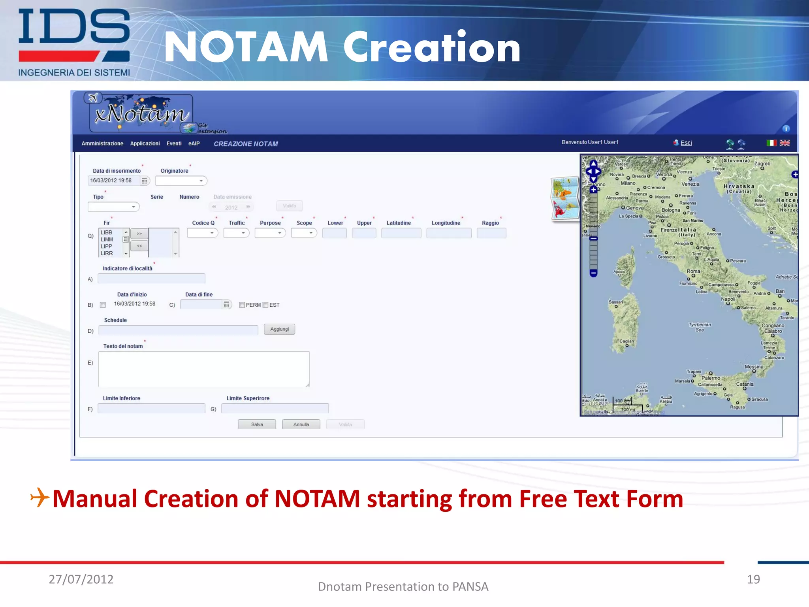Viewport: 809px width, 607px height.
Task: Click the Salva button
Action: tap(257, 424)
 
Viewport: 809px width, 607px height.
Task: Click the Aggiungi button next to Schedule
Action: tap(279, 329)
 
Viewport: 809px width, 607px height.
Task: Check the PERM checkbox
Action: tap(242, 305)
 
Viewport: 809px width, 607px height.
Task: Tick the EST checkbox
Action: tap(265, 305)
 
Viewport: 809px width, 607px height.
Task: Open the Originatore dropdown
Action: tap(181, 181)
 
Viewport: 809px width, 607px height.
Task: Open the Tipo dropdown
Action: tap(114, 207)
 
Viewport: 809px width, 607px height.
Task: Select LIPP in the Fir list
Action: tap(106, 246)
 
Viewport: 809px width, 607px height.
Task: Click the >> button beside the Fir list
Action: tap(139, 234)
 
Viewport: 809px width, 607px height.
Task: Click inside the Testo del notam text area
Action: tap(203, 369)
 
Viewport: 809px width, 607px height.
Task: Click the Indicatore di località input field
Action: tap(151, 279)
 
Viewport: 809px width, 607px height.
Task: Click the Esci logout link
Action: tap(686, 143)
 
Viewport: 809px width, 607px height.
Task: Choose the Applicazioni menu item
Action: tap(145, 143)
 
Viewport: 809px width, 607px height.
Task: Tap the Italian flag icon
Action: tap(771, 143)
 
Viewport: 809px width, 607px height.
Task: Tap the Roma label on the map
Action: tap(693, 271)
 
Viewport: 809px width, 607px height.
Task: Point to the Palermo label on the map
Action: tap(711, 378)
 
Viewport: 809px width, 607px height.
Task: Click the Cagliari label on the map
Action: tap(627, 341)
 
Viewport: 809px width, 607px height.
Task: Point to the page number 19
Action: tap(753, 579)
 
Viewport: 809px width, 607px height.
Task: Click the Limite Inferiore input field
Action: tap(151, 408)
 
